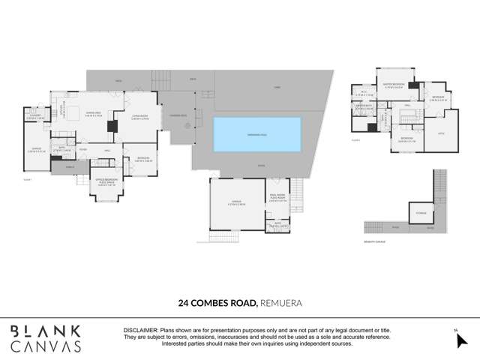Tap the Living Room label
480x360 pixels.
[141, 116]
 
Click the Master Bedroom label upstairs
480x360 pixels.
[393, 86]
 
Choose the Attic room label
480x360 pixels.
[440, 133]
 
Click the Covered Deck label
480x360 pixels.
[178, 115]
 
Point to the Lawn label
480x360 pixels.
[276, 88]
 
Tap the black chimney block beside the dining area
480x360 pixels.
[112, 127]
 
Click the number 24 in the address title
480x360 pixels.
[184, 304]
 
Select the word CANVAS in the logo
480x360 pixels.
[45, 346]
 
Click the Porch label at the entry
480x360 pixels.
[70, 167]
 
